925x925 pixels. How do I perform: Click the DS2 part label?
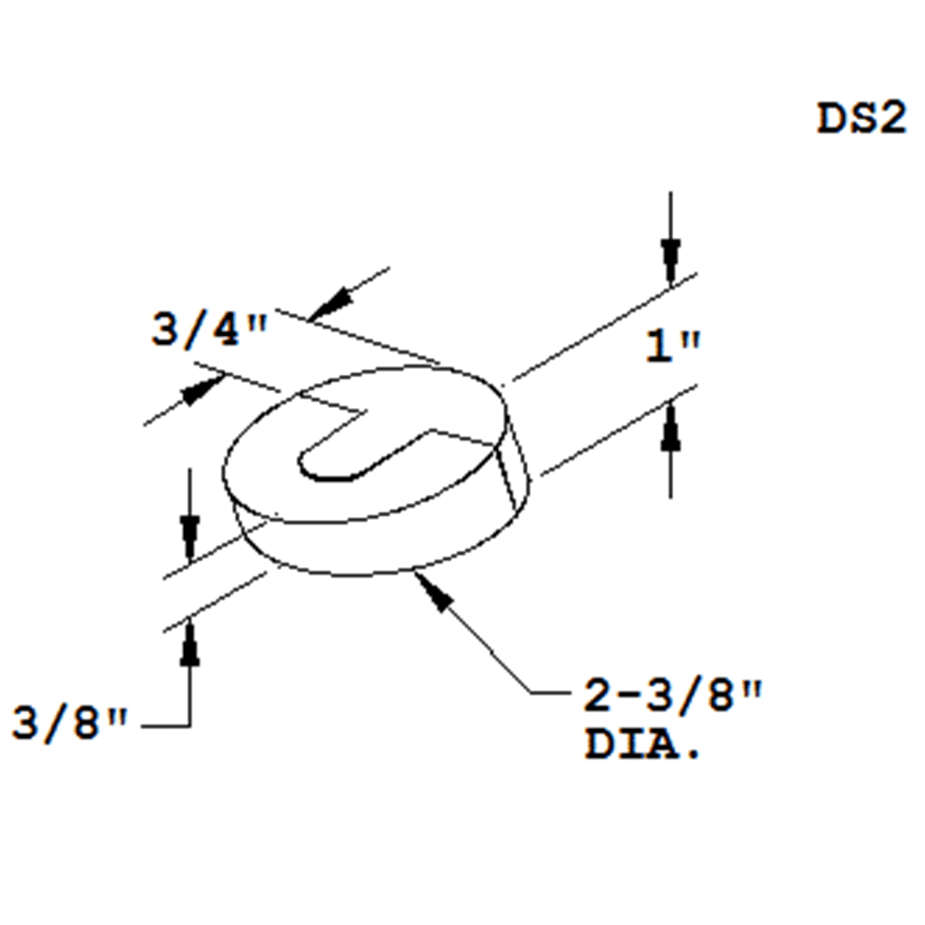tap(860, 119)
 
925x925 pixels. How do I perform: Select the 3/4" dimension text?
tap(209, 330)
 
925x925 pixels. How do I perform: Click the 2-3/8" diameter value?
tap(672, 697)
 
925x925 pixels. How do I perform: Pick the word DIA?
tap(642, 745)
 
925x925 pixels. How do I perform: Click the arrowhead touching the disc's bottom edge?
tap(435, 593)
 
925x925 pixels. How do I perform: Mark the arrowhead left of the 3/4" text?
tap(199, 391)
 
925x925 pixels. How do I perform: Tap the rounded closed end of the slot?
tap(310, 462)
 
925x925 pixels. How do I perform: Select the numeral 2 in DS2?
tap(890, 119)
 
